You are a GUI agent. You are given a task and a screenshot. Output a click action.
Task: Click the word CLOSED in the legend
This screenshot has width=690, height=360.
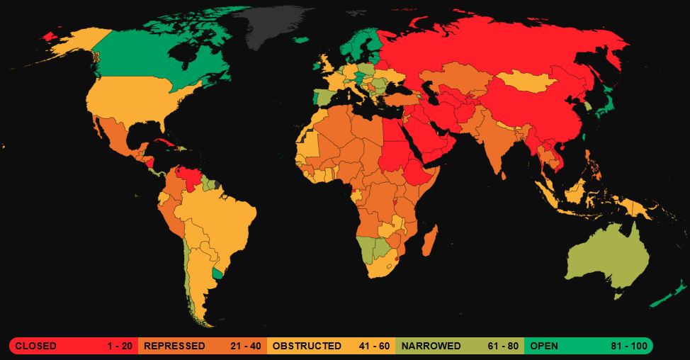tap(36, 346)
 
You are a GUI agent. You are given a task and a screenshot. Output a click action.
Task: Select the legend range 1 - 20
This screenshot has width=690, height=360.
tap(120, 346)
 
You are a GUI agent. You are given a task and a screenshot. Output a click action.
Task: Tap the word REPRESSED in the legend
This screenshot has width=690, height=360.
tap(174, 346)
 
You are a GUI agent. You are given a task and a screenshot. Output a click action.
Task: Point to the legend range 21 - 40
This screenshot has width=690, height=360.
tap(246, 346)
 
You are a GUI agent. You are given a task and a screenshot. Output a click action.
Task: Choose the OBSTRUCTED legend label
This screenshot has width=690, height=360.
tap(307, 346)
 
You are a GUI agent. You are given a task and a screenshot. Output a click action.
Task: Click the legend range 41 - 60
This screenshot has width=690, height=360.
tap(374, 346)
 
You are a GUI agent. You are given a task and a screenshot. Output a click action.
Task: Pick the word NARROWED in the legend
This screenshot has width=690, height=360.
tap(431, 346)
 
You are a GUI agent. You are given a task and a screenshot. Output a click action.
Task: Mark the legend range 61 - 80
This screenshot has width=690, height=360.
tap(504, 346)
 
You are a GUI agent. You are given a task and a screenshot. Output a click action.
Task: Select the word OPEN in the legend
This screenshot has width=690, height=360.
tap(544, 346)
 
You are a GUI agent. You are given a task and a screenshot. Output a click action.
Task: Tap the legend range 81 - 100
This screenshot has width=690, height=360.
tap(629, 346)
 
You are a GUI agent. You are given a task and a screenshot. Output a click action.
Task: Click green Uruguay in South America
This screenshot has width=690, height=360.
tap(219, 272)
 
